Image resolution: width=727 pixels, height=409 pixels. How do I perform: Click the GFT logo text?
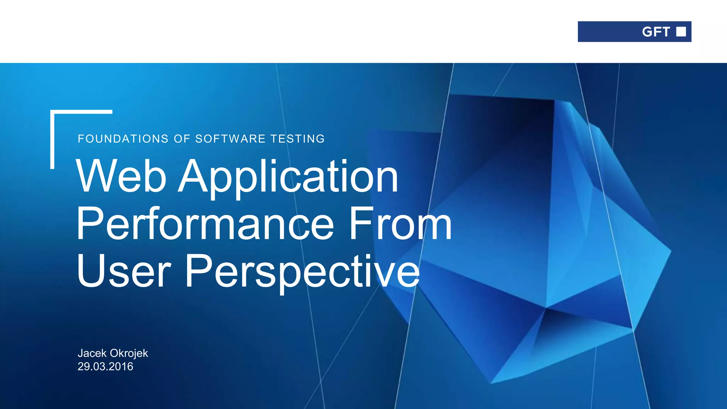[656, 32]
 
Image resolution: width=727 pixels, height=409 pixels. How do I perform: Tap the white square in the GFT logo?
[681, 32]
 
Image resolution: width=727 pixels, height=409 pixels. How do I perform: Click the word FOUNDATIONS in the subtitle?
[123, 139]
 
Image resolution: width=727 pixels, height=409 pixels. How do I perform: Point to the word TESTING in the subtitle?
[297, 139]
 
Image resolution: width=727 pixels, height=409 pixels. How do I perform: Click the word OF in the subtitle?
[182, 139]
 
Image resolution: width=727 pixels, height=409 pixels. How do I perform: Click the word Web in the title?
[121, 176]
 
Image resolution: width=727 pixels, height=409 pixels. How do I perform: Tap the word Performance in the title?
[205, 224]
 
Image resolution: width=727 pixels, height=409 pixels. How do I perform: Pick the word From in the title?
[400, 224]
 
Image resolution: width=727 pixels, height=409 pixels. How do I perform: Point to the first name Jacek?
[92, 353]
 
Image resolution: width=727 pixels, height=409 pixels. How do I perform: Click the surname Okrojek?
[129, 354]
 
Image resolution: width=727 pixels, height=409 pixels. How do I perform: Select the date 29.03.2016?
[105, 366]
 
